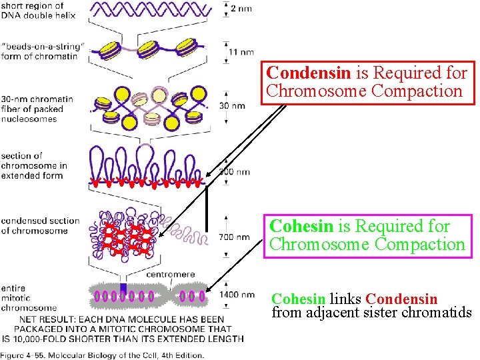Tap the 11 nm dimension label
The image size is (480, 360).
point(241,50)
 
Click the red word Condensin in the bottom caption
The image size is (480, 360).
point(401,299)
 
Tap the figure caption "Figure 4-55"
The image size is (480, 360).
point(100,355)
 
